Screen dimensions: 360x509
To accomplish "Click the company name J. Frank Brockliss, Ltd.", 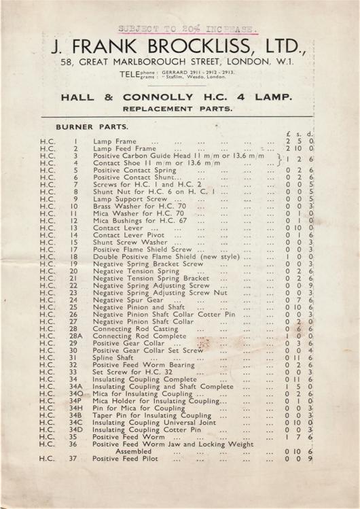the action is click(x=179, y=48).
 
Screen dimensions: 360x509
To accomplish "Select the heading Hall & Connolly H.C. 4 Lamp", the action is click(x=179, y=97).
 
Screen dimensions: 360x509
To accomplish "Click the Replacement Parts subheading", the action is click(x=179, y=109).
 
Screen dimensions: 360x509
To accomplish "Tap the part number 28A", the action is click(x=76, y=336).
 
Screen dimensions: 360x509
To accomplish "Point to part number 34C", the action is click(x=76, y=422).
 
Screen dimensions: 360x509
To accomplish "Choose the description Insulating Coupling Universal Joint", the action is click(x=156, y=422).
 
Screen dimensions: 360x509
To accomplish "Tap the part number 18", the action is click(x=74, y=257).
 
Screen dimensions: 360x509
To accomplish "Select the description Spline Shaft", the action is click(x=113, y=357).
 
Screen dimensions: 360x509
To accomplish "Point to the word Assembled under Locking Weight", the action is click(x=138, y=451).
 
